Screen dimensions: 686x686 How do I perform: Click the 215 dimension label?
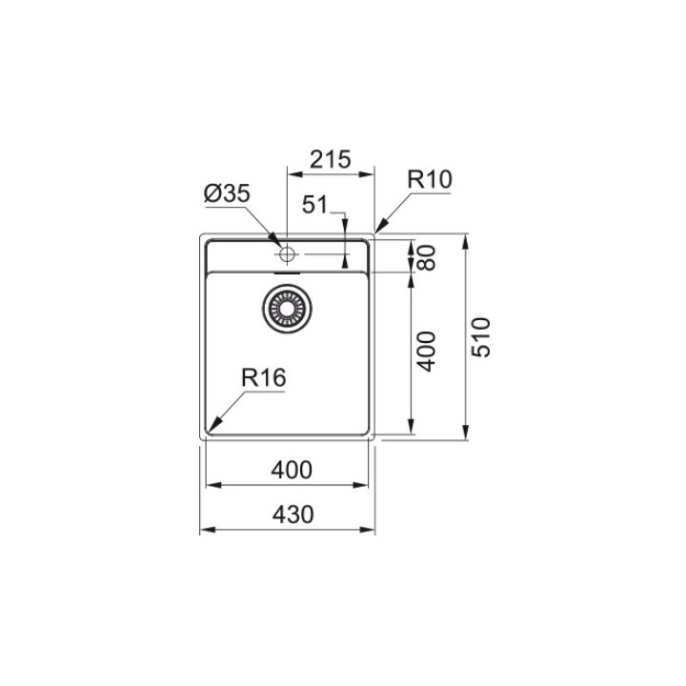point(331,160)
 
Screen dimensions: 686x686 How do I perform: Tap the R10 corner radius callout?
point(430,179)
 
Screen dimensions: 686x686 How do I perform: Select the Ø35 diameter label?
point(227,193)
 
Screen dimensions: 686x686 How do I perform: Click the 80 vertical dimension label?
point(427,257)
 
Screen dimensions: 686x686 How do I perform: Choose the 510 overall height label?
point(481,337)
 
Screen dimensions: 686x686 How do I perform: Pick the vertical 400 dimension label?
point(427,352)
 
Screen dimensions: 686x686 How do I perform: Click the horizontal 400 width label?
point(292,471)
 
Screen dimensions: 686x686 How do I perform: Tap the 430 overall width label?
point(293,514)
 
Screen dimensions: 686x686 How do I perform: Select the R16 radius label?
point(263,377)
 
